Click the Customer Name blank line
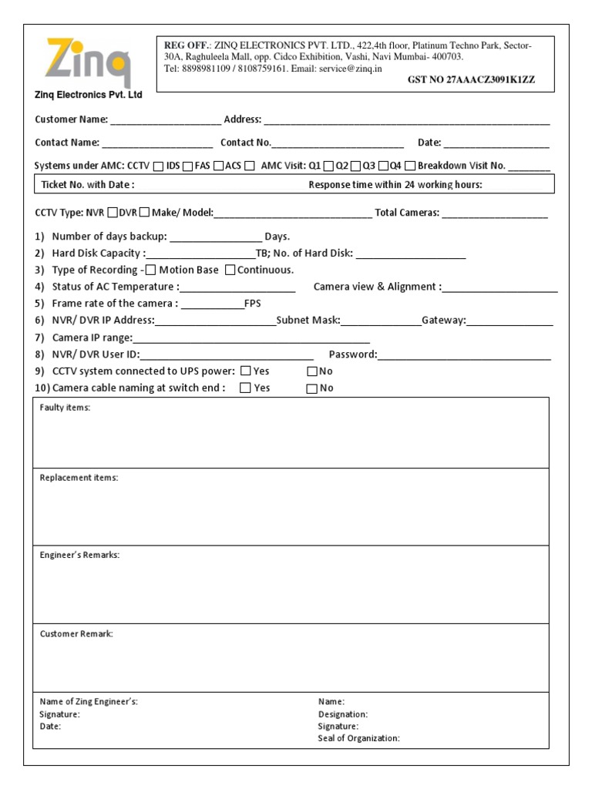[x=166, y=121]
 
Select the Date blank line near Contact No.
[x=496, y=143]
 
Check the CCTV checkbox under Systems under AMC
[x=158, y=166]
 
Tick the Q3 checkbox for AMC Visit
[x=380, y=166]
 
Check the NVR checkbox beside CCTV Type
[x=113, y=213]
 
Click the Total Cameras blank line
[x=495, y=214]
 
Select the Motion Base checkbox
[x=150, y=270]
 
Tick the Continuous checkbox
[x=230, y=270]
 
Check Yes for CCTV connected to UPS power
[x=245, y=371]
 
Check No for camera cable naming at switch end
[x=311, y=388]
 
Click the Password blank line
[x=464, y=356]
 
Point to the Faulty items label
[x=65, y=407]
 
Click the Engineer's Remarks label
[x=79, y=555]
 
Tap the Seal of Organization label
[x=358, y=738]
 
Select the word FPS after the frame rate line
[x=253, y=304]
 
